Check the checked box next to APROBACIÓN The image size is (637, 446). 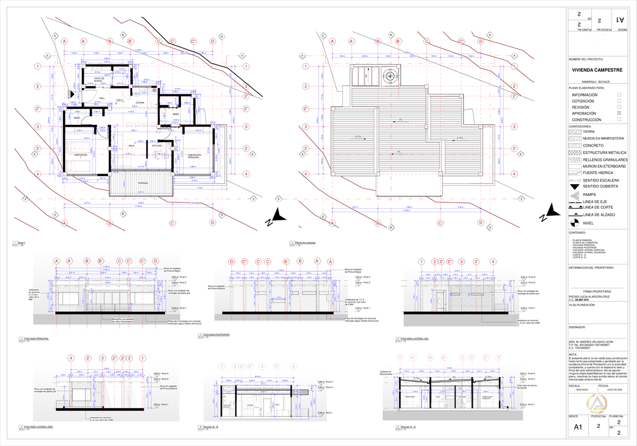619,114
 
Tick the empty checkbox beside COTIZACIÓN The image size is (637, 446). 619,101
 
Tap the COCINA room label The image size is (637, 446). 140,102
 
